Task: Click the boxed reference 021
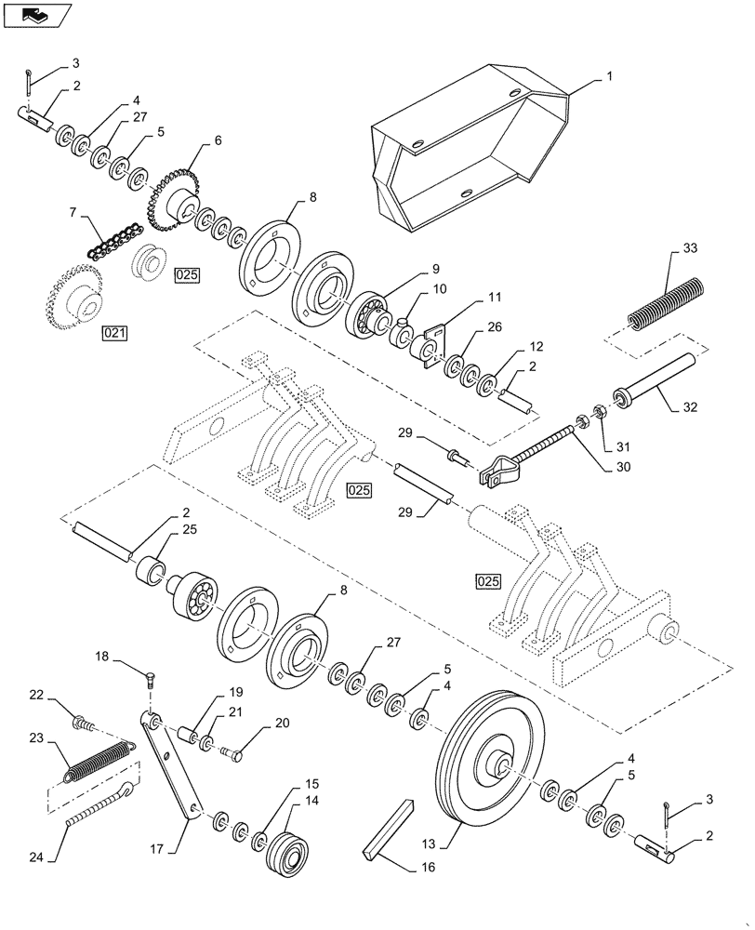(x=114, y=331)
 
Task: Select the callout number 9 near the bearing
(x=434, y=268)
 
